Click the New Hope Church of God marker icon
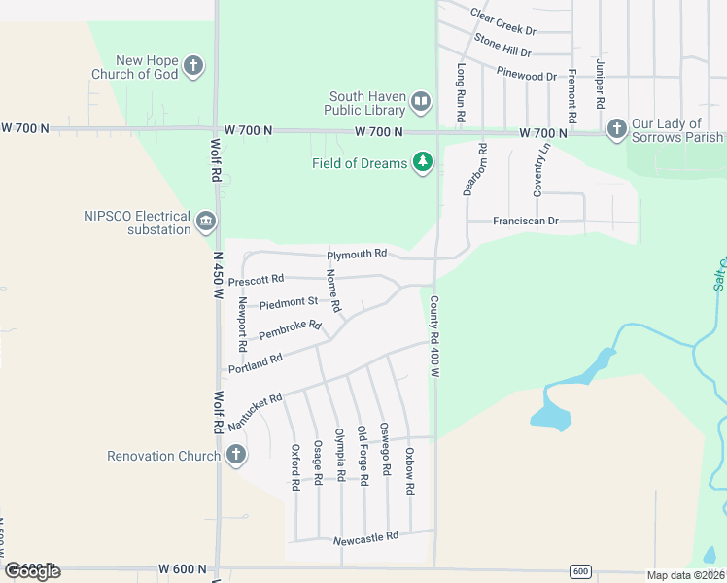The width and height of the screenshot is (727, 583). tap(193, 66)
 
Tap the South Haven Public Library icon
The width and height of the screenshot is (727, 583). tap(421, 100)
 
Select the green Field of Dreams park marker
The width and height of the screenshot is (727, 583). tap(422, 162)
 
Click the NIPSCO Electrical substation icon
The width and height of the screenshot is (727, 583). tap(206, 222)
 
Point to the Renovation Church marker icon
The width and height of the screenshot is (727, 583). tap(235, 455)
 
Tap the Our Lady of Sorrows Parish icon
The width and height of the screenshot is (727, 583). tap(616, 128)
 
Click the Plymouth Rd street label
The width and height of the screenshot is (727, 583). tap(357, 254)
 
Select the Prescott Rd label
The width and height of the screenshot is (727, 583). tap(256, 281)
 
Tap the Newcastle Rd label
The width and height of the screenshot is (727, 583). tap(365, 536)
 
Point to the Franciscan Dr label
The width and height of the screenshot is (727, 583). tap(525, 222)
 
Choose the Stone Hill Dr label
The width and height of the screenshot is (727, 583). tap(502, 45)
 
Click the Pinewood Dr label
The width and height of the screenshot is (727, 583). tap(527, 74)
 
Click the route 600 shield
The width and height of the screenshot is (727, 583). tap(580, 570)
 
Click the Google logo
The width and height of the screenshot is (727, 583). tap(32, 571)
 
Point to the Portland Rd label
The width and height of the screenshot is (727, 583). tap(256, 362)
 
